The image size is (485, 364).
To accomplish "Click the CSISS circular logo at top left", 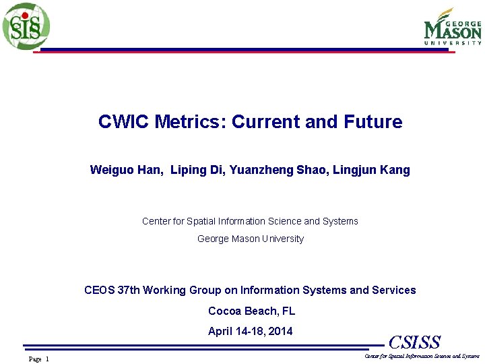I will click(x=26, y=26).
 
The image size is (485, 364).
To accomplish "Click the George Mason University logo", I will click(x=452, y=27).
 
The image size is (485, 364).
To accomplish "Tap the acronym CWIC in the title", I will click(x=124, y=122).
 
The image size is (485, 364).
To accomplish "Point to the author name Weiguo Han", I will click(x=126, y=170).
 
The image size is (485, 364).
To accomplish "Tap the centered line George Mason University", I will click(x=250, y=239).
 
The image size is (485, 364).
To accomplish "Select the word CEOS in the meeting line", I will click(x=100, y=291).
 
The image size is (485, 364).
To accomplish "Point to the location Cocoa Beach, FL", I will click(x=251, y=311).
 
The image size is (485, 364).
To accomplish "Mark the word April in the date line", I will click(x=220, y=332).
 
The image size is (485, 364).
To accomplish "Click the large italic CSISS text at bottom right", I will click(x=414, y=342).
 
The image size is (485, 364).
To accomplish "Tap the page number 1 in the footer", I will click(x=47, y=359).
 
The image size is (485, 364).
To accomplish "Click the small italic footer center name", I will click(x=422, y=356).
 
